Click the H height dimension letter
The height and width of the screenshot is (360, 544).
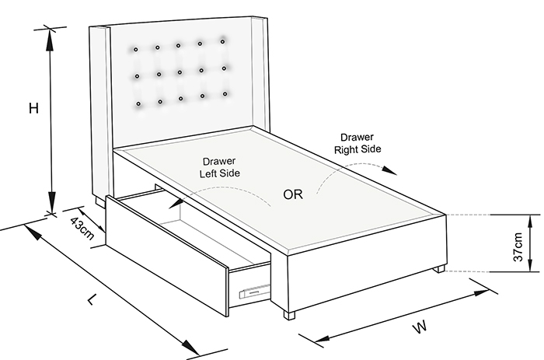[x=33, y=108]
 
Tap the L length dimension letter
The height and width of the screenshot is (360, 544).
[x=91, y=299]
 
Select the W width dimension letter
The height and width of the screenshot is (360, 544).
[x=420, y=327]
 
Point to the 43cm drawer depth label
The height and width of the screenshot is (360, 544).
[x=82, y=229]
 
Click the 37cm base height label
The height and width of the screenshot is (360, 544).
[x=518, y=246]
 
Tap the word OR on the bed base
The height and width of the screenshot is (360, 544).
[x=293, y=194]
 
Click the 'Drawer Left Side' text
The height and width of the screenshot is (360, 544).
[x=220, y=167]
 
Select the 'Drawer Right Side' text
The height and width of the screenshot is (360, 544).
[x=357, y=143]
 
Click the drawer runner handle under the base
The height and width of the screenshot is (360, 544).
[x=255, y=291]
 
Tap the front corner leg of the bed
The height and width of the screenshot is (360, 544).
[x=289, y=315]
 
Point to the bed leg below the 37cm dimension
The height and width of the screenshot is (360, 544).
[x=440, y=269]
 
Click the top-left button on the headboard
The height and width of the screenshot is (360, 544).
[x=136, y=50]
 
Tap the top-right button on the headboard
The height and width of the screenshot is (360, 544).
[x=222, y=42]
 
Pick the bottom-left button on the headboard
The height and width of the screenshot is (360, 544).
[x=138, y=103]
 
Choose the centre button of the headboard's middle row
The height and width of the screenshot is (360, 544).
[x=180, y=72]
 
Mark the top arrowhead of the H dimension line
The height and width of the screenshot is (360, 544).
[x=51, y=39]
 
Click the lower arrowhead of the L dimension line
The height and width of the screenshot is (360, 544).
[x=189, y=347]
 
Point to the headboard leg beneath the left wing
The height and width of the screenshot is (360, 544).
[x=100, y=202]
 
